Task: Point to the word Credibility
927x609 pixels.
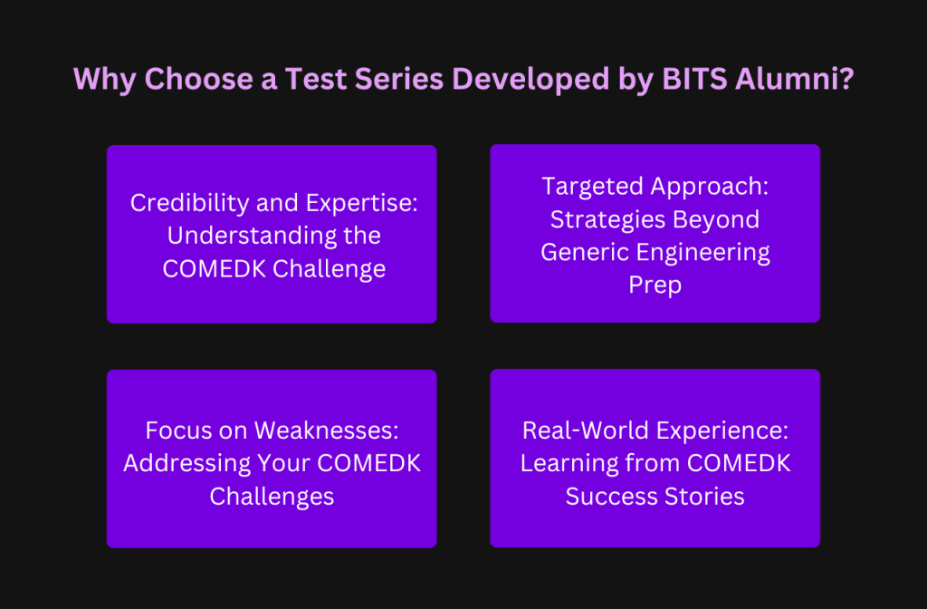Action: point(181,202)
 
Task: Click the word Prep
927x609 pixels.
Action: point(655,285)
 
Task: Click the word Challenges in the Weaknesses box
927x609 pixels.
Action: point(272,496)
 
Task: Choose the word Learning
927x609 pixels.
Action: point(564,462)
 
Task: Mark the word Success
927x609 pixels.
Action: point(611,496)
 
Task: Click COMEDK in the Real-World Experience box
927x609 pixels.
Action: point(738,462)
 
